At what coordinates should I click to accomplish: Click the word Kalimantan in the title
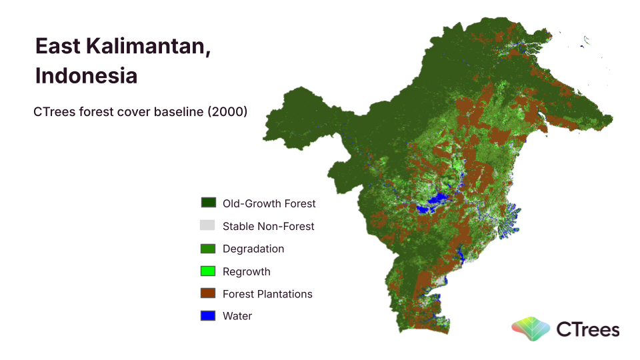(148, 46)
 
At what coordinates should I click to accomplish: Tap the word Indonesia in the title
(86, 75)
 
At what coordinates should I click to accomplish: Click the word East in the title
(58, 46)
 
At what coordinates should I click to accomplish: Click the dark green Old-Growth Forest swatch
(209, 203)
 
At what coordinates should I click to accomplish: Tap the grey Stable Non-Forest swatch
(207, 225)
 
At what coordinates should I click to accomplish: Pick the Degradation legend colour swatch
(208, 249)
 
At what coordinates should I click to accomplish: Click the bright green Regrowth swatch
(208, 271)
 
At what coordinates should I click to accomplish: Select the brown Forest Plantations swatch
(208, 293)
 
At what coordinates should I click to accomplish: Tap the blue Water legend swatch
(208, 315)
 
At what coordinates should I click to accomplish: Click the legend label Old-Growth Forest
(269, 203)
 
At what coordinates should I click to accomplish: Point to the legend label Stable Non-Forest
(268, 226)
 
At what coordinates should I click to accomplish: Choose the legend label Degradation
(253, 249)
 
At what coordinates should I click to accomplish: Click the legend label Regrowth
(246, 271)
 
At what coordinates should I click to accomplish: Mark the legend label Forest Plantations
(267, 294)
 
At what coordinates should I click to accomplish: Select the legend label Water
(237, 316)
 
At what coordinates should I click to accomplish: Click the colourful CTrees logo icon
(531, 329)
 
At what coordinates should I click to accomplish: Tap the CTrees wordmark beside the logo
(588, 329)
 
